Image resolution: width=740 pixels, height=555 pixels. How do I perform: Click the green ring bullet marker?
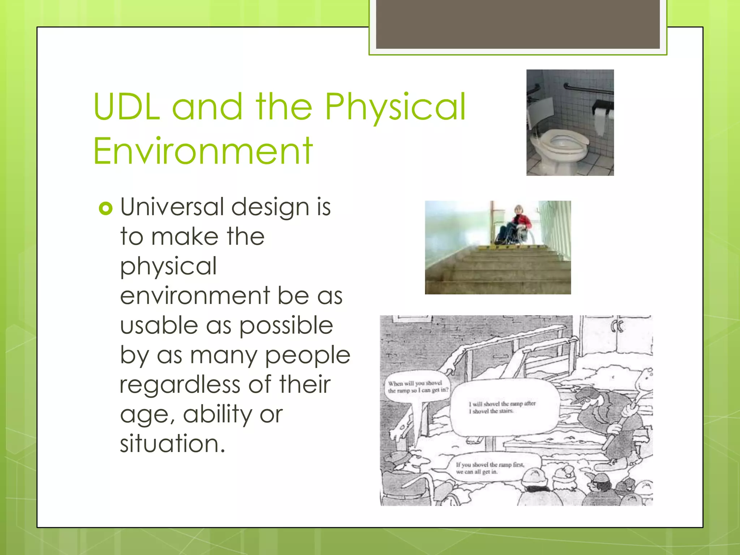106,208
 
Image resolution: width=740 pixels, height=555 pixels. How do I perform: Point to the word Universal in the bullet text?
173,207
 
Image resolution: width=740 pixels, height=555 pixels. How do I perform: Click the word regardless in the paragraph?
180,384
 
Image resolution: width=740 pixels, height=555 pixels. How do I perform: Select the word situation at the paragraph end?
172,444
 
